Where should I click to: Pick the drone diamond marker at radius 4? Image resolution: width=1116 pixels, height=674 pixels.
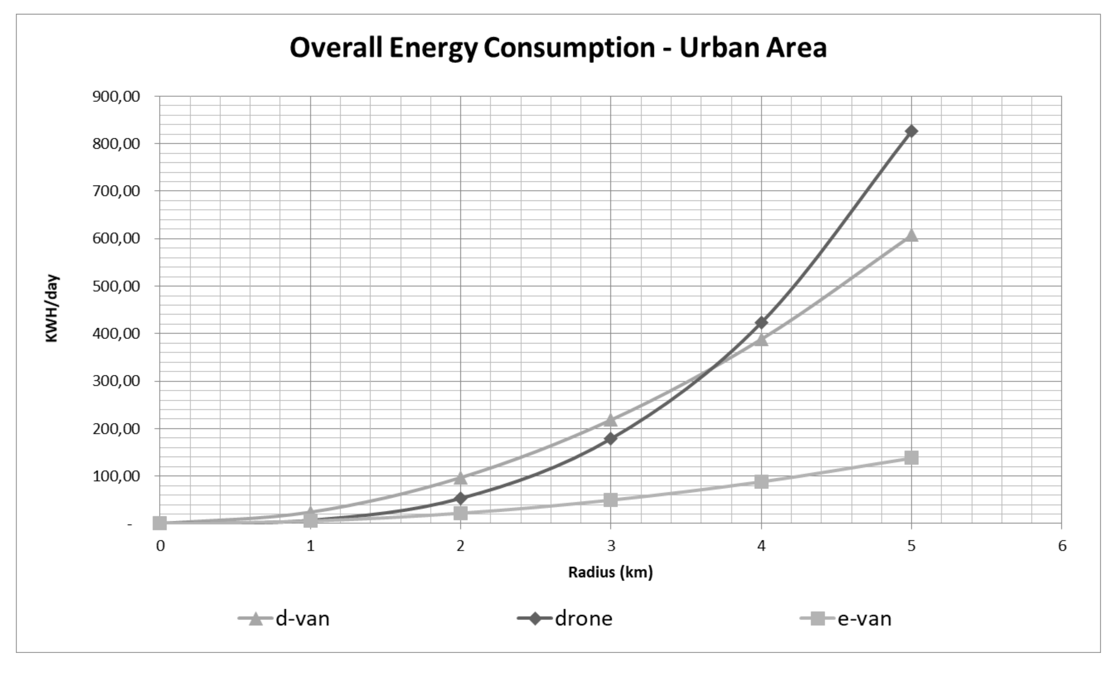click(x=761, y=323)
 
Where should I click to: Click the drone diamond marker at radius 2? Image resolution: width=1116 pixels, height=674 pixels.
click(x=460, y=499)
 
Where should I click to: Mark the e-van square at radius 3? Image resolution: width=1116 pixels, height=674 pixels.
click(x=611, y=500)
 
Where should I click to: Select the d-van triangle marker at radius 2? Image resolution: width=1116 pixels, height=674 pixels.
click(x=460, y=478)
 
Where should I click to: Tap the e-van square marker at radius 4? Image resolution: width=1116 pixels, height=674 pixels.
click(x=761, y=482)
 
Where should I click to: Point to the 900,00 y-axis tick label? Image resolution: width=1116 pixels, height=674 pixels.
click(x=116, y=97)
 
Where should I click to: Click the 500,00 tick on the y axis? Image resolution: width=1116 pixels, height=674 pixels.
click(x=116, y=286)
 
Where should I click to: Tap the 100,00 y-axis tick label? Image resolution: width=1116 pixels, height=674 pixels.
click(x=116, y=476)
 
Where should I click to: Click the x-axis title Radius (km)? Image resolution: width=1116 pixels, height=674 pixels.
click(x=611, y=572)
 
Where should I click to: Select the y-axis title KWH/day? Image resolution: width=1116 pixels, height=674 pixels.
click(x=52, y=308)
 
